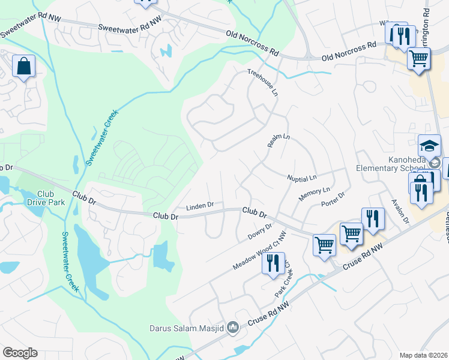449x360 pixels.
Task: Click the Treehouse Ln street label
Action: (263, 82)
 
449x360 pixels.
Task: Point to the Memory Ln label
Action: (315, 194)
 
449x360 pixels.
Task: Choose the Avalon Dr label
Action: (400, 212)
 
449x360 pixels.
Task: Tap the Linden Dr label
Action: (200, 206)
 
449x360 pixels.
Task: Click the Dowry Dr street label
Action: (260, 231)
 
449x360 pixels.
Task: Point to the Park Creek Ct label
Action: (283, 278)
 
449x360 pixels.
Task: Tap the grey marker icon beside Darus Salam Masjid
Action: (234, 328)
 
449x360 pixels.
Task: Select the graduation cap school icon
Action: (429, 146)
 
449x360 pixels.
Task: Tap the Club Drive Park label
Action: (37, 197)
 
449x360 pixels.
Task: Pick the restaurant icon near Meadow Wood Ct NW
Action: (273, 262)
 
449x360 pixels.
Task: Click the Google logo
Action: (20, 352)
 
